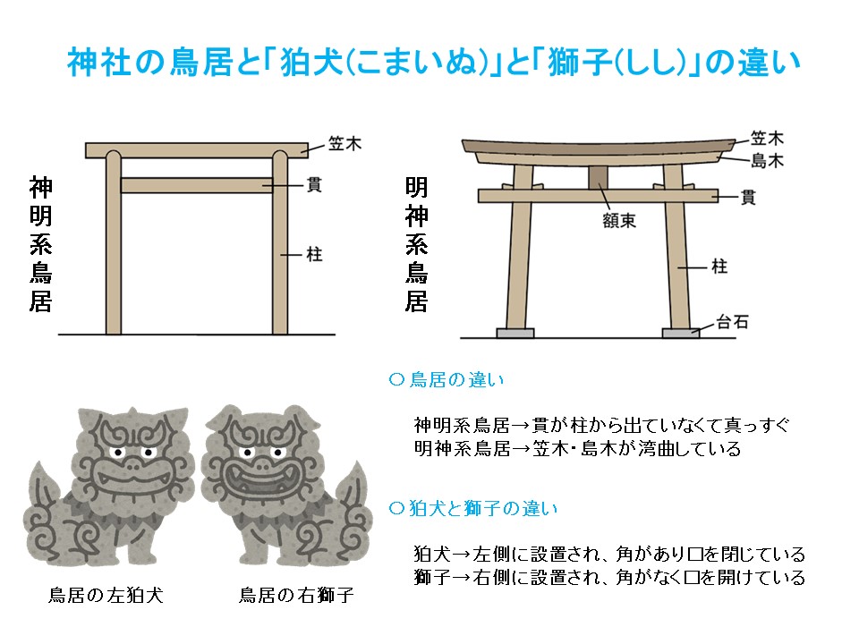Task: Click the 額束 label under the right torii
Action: coord(619,221)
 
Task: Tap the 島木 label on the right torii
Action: coord(767,160)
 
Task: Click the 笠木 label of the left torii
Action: coord(345,143)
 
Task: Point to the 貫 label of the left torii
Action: coord(314,184)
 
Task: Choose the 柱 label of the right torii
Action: coord(719,267)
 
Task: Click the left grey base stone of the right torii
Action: coord(515,333)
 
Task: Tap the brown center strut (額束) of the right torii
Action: coord(599,177)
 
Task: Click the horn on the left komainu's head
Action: coord(132,412)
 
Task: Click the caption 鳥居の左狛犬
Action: coord(106,595)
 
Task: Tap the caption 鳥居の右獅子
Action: coord(296,595)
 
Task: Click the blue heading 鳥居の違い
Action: coord(447,379)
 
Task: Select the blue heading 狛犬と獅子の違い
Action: coord(473,508)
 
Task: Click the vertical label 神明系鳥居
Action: coord(40,244)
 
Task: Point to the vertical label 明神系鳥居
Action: coord(416,244)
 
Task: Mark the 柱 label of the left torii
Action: coord(314,254)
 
